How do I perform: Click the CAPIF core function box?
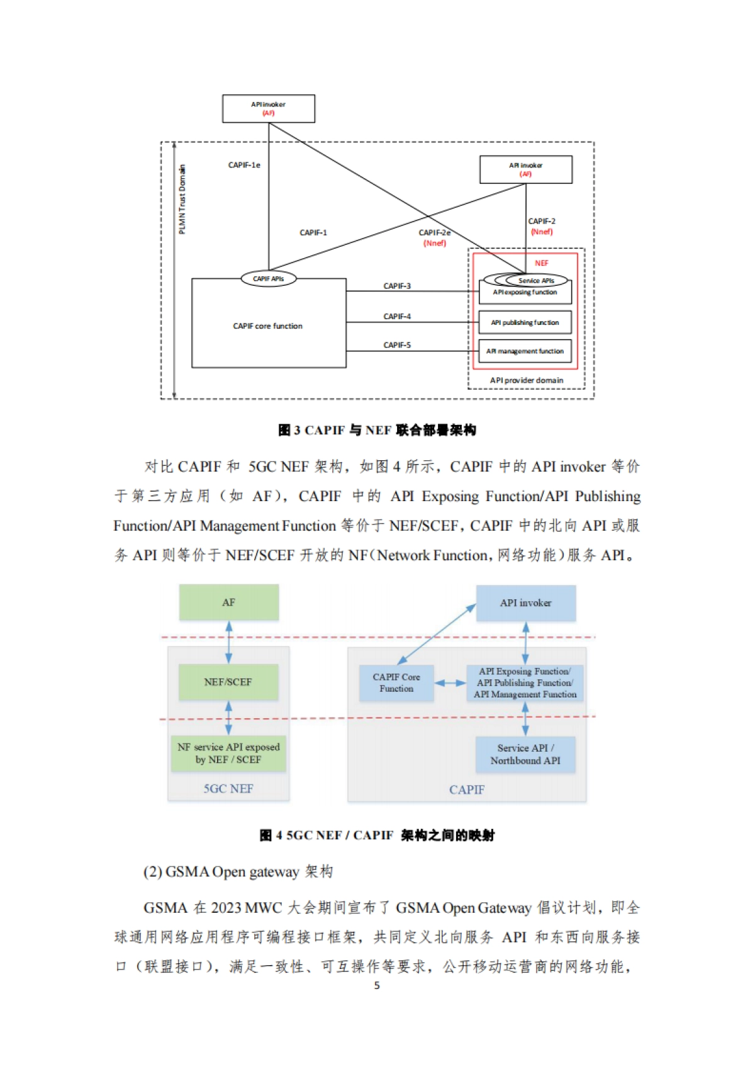(269, 326)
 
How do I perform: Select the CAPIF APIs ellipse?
(269, 278)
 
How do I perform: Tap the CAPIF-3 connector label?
(397, 286)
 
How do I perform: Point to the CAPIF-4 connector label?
(397, 316)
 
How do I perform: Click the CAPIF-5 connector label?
(397, 345)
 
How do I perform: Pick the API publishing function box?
(525, 322)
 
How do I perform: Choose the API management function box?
(525, 351)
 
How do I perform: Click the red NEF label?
(541, 263)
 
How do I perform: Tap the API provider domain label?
(527, 380)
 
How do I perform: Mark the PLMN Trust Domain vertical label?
(182, 200)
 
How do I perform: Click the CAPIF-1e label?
(244, 165)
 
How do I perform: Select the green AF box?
(228, 602)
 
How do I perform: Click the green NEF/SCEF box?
(228, 682)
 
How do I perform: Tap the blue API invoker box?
(525, 603)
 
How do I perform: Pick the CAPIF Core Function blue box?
(396, 683)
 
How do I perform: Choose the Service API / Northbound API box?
(525, 754)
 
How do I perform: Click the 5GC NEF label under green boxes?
(228, 789)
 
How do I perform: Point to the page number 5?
(377, 985)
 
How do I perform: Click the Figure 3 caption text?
(377, 430)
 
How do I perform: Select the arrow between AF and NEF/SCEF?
(228, 642)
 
